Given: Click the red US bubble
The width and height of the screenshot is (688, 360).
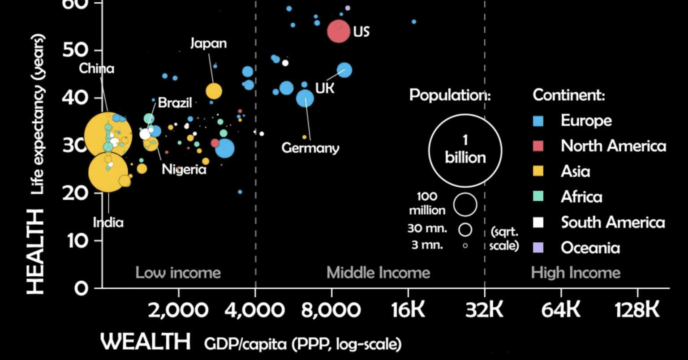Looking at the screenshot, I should tap(338, 31).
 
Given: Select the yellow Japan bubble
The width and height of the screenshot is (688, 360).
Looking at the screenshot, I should tap(214, 91).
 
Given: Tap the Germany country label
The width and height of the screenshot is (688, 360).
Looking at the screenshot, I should tap(310, 148).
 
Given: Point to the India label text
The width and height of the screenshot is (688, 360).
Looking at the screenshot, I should tap(108, 222).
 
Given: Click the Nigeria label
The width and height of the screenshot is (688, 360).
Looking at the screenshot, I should tap(184, 170).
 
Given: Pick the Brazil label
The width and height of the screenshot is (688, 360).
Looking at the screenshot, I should tap(175, 103).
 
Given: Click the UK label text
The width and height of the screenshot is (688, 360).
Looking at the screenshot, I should tap(325, 88).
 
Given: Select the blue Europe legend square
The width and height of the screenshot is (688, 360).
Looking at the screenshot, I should tap(538, 120).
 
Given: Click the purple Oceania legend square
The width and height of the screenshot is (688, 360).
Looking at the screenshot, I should tap(538, 248).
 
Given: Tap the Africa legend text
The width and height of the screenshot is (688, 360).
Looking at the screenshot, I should tap(581, 197).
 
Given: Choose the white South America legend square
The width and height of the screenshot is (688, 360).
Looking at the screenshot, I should tap(538, 222).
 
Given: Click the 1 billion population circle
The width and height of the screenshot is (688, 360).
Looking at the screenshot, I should tap(465, 150).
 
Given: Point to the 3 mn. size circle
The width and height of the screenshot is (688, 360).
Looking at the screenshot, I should tap(465, 245).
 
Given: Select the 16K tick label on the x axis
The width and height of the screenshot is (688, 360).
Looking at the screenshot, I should tap(408, 310).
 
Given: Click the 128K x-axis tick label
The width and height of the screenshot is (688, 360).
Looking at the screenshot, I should tap(637, 310).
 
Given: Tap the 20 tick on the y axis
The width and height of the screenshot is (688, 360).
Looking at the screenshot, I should tap(81, 193).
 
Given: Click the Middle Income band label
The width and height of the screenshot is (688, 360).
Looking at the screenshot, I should tap(378, 273).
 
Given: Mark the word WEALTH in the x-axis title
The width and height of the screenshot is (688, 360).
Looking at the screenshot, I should tap(146, 342).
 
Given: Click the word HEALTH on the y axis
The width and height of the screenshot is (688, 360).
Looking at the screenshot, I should tap(36, 251).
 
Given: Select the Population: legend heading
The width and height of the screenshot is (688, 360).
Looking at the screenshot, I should tap(450, 95).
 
